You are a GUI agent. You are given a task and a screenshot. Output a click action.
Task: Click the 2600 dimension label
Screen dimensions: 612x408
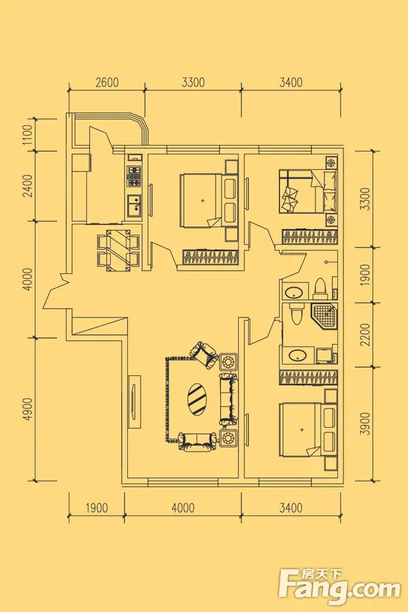pyautogui.click(x=107, y=84)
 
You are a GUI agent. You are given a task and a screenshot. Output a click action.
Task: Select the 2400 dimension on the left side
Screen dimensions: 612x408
pyautogui.click(x=28, y=186)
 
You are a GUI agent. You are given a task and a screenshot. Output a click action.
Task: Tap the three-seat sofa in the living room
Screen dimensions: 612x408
pyautogui.click(x=228, y=397)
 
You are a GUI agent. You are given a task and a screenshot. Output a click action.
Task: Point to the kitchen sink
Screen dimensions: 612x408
pyautogui.click(x=134, y=203)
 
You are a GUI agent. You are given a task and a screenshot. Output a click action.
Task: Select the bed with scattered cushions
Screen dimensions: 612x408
pyautogui.click(x=307, y=191)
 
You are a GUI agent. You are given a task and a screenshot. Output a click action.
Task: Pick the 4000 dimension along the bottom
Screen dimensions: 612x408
pyautogui.click(x=183, y=507)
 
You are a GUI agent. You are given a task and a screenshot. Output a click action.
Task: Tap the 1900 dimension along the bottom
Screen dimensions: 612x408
pyautogui.click(x=97, y=507)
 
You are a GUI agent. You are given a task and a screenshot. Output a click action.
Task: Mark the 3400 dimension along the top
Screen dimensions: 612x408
pyautogui.click(x=290, y=84)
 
